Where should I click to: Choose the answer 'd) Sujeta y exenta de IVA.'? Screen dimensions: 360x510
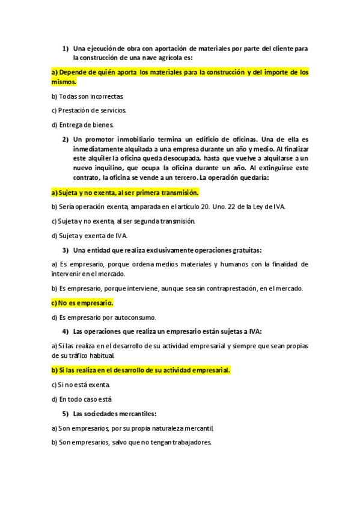click(90, 235)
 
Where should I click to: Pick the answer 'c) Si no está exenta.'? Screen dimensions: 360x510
click(81, 384)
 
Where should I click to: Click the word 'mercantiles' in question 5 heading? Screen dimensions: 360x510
click(136, 413)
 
